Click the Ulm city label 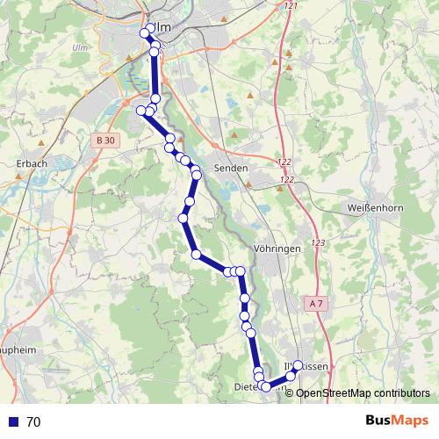[162, 27]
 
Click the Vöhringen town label [277, 248]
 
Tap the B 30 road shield [104, 140]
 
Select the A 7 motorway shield [317, 303]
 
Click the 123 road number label [317, 242]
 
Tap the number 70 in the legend [33, 422]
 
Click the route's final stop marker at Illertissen [298, 365]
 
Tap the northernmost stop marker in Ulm [150, 28]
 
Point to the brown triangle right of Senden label [249, 185]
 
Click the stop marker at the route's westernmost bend [140, 110]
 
